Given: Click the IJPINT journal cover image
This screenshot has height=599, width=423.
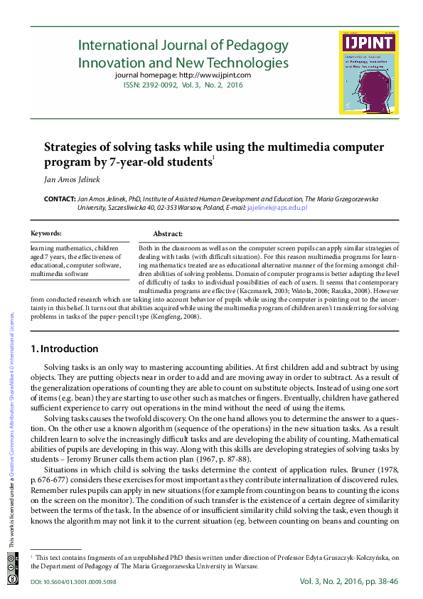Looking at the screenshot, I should click(368, 73).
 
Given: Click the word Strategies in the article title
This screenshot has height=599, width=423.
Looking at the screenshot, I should click(71, 147).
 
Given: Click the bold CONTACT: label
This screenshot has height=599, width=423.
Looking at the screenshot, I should click(60, 199).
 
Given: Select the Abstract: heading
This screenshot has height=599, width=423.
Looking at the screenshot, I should click(168, 234).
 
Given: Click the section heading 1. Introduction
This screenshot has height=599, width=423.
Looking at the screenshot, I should click(65, 349).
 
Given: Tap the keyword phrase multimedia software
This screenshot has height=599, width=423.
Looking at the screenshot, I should click(60, 273).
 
